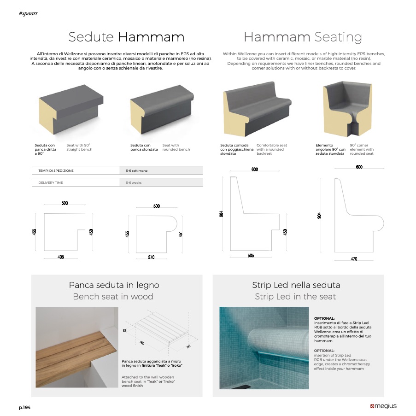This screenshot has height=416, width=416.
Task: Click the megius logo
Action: (383, 406)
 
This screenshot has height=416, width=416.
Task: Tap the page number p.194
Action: (25, 408)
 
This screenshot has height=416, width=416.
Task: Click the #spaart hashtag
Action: (28, 13)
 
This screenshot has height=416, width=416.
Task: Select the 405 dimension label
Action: (61, 257)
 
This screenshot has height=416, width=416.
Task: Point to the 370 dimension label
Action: (151, 257)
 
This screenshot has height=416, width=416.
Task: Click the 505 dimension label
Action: (251, 256)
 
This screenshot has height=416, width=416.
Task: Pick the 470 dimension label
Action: (354, 258)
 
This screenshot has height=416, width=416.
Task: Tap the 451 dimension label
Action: (181, 234)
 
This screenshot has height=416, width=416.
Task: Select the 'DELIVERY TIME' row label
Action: (51, 182)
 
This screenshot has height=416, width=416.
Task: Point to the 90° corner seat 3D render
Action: (347, 109)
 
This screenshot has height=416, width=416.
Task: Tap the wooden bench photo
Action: (77, 347)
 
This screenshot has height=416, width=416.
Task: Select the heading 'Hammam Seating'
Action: (303, 37)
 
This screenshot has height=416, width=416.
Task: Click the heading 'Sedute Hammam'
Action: (126, 37)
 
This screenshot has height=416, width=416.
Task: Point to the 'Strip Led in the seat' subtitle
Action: (295, 296)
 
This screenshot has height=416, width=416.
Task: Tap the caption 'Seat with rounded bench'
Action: (176, 147)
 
